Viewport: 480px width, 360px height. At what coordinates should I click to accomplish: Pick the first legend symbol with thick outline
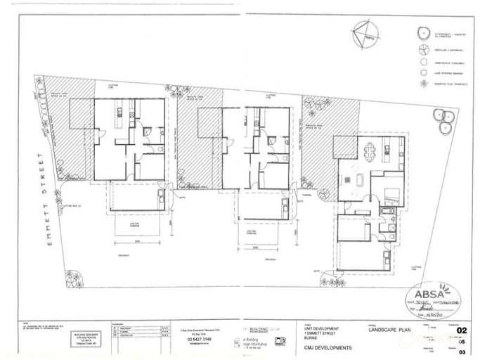tap(423, 32)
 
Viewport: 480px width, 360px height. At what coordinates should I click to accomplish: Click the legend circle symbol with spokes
tap(423, 48)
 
